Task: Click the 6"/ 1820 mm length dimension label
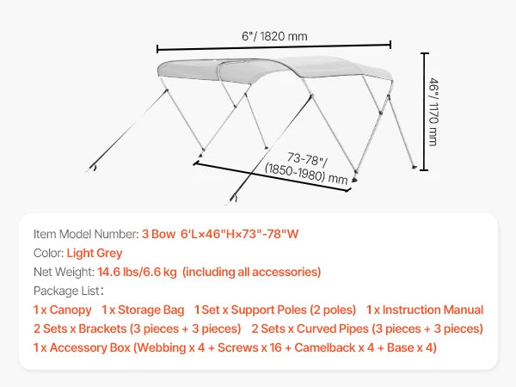click(x=274, y=36)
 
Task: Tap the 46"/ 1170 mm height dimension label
click(x=433, y=112)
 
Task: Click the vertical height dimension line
click(x=425, y=112)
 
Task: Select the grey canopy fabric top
click(x=275, y=69)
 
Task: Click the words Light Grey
click(x=95, y=253)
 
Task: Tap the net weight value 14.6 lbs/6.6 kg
click(x=137, y=272)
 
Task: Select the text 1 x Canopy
click(x=63, y=310)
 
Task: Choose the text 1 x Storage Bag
click(x=143, y=310)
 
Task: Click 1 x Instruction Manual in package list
click(x=425, y=310)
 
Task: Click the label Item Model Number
click(x=86, y=234)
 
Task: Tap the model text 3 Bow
click(x=158, y=234)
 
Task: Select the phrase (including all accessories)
click(x=252, y=272)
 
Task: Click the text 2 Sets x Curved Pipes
click(x=310, y=329)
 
